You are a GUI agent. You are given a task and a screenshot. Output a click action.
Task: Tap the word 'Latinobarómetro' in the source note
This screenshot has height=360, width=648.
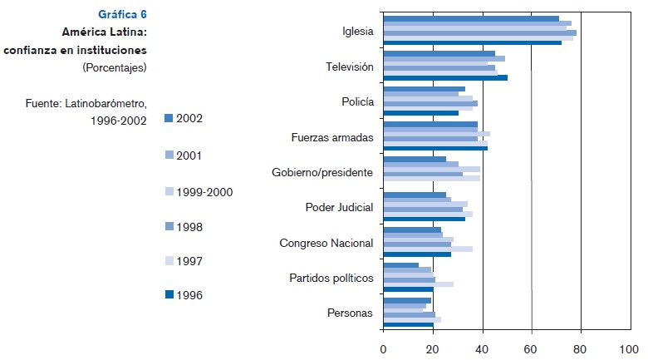pos(107,103)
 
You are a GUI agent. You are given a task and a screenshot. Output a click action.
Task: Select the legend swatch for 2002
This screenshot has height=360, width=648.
pos(168,118)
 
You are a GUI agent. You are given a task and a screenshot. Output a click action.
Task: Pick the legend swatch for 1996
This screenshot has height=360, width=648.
pos(168,294)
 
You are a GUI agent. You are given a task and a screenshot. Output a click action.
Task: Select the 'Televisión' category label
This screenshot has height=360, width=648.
pos(350,67)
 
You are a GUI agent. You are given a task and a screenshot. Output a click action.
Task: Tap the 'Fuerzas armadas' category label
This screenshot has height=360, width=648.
pos(332,137)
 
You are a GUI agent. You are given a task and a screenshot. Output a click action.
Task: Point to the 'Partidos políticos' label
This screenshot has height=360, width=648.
pos(331,278)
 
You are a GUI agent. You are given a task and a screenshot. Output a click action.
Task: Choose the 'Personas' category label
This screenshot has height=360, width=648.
pos(351,313)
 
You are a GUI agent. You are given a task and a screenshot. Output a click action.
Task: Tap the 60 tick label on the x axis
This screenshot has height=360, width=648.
pos(532,348)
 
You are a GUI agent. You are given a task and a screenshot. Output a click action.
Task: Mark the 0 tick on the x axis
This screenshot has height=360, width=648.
pos(383,348)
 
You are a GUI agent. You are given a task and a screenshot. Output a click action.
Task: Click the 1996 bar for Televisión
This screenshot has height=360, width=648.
pos(445,78)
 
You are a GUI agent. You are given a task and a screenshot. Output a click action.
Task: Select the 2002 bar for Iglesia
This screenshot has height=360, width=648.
pos(471,18)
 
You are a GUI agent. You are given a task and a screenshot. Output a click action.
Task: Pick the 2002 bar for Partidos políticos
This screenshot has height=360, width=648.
pos(401,265)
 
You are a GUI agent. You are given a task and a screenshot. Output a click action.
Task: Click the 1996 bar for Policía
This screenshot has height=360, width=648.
pos(420,113)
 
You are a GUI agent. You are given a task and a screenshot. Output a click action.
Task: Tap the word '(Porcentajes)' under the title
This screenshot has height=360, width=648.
pos(115,67)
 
